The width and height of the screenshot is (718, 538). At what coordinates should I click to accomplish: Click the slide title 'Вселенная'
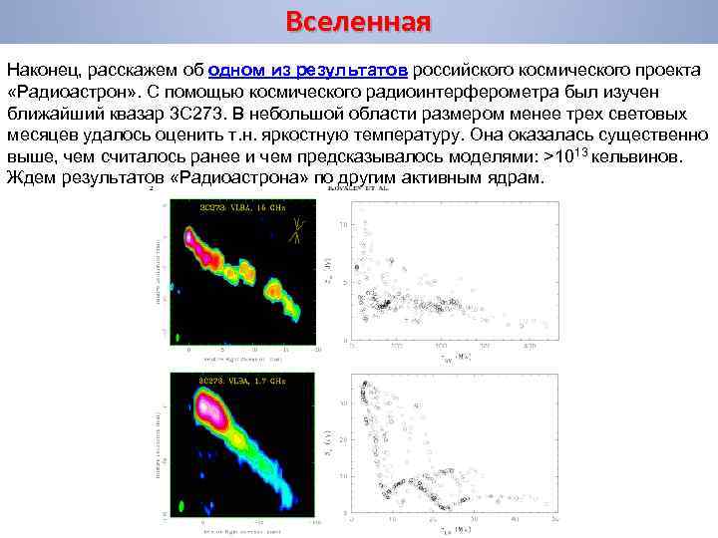[358, 22]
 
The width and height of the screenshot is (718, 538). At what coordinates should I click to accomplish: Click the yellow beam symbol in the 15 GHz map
[297, 231]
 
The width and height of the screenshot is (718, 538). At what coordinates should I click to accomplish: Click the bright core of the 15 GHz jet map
[190, 238]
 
